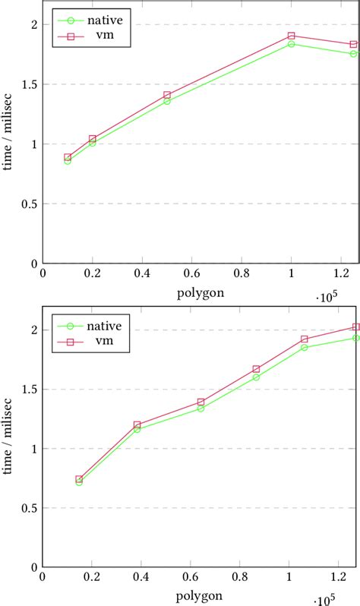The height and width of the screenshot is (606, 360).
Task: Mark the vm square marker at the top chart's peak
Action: click(292, 36)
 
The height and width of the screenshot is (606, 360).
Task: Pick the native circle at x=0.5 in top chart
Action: click(167, 101)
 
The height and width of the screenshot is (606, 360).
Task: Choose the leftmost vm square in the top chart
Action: click(68, 157)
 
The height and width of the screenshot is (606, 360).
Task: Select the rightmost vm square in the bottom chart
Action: click(355, 327)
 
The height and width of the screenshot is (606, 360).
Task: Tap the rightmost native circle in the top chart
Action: click(353, 54)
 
